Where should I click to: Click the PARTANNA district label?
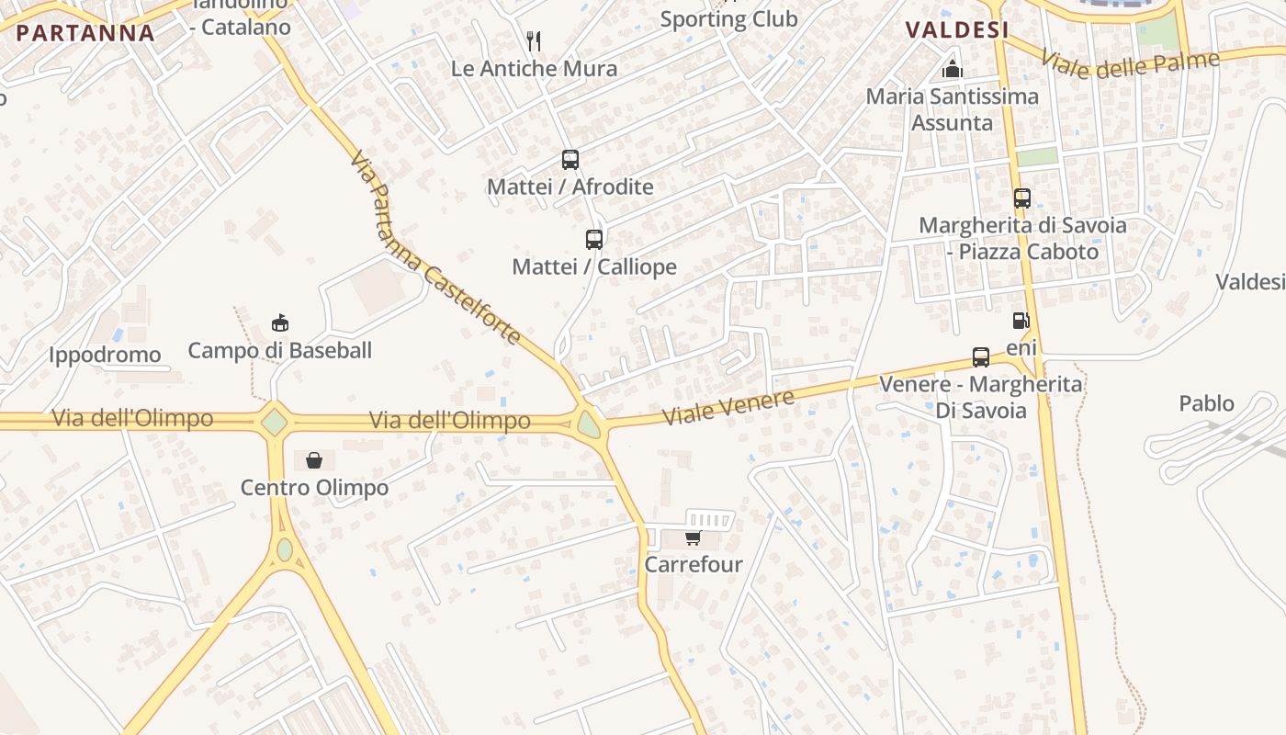[x=85, y=33]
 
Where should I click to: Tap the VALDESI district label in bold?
[x=957, y=29]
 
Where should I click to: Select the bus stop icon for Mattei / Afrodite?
[x=570, y=160]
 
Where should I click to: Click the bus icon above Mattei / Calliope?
[x=594, y=240]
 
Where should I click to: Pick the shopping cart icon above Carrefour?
[x=693, y=537]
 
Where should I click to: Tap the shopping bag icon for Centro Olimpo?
[x=314, y=459]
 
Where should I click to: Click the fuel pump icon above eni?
[x=1020, y=321]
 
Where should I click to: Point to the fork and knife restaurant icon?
[x=534, y=41]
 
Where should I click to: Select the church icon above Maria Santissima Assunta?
[x=953, y=69]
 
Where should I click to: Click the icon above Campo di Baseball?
[x=280, y=322]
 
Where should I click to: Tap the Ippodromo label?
[x=105, y=355]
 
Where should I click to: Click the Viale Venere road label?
[x=728, y=407]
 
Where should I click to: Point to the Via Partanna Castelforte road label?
[x=435, y=248]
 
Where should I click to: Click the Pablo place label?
[x=1207, y=403]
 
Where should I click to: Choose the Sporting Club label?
[x=728, y=18]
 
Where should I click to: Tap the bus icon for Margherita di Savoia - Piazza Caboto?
[x=1021, y=198]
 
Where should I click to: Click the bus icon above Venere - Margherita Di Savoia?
[x=980, y=356]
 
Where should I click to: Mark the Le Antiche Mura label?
[x=534, y=68]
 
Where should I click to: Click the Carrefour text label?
[x=694, y=564]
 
